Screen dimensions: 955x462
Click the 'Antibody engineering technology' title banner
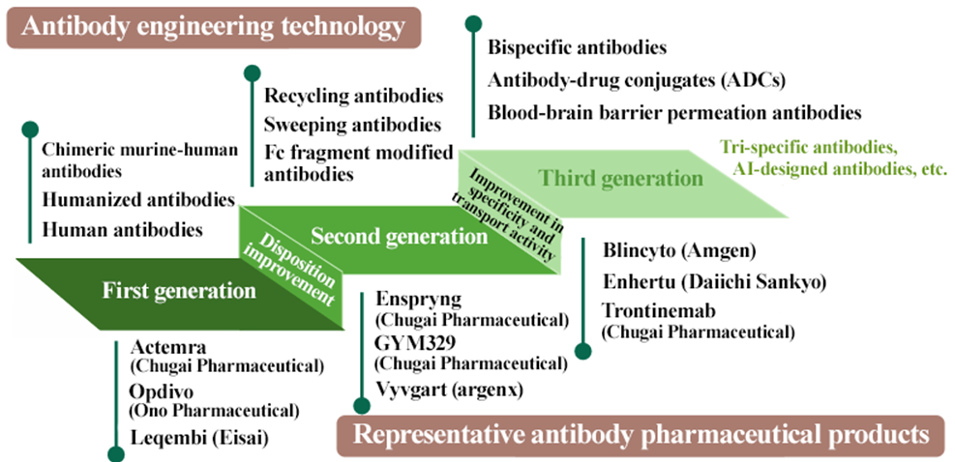pos(214,27)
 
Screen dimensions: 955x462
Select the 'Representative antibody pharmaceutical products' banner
pos(642,436)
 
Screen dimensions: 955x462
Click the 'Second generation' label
pos(400,236)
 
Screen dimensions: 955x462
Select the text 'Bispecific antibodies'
pos(578,47)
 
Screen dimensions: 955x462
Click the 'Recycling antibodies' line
pos(354,96)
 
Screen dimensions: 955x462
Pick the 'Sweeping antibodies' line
pos(352,125)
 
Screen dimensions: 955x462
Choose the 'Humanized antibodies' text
pos(139,200)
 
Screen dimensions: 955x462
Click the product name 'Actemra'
pos(168,348)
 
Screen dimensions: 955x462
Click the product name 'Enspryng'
pos(419,300)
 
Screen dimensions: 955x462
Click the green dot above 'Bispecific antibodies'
pos(473,24)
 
